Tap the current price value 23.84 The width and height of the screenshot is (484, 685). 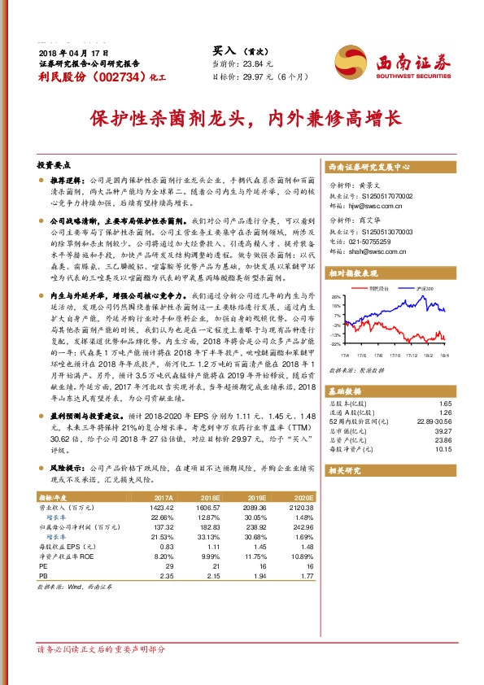point(249,63)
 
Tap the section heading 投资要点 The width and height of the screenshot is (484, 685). point(52,164)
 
